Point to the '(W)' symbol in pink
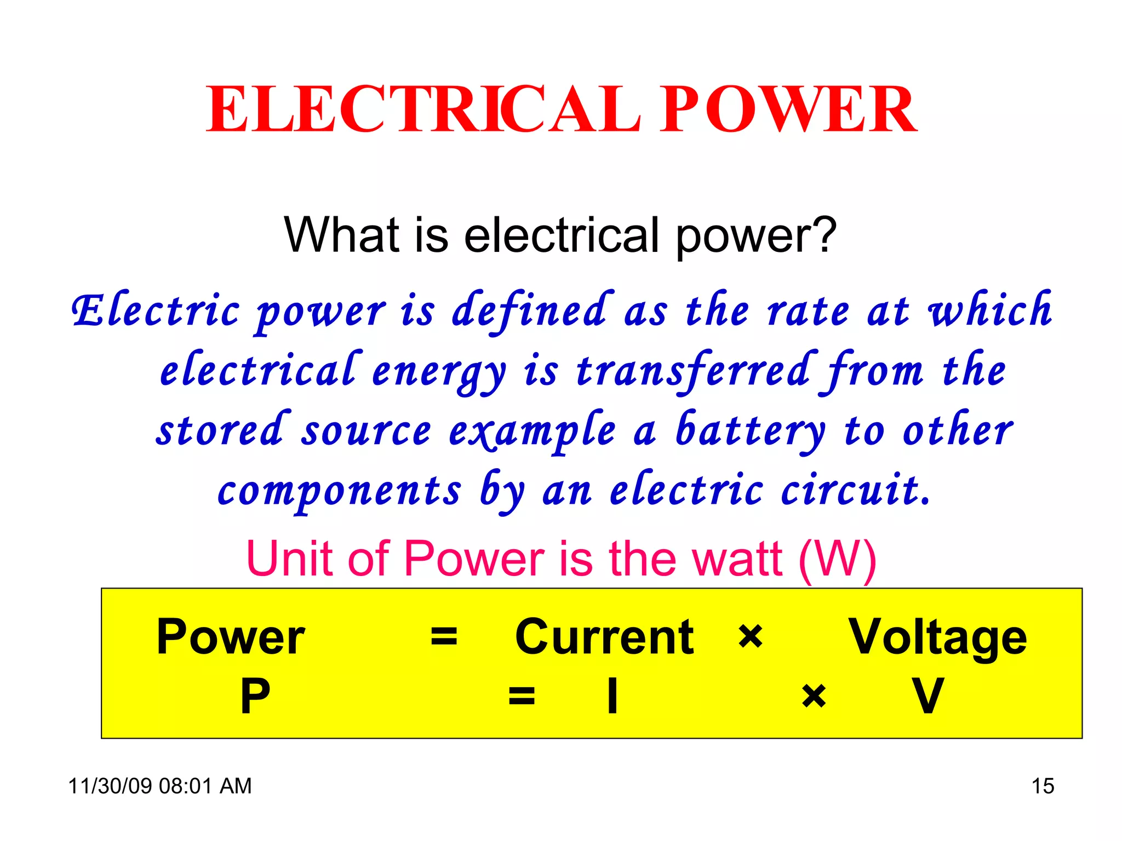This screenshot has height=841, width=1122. pyautogui.click(x=837, y=560)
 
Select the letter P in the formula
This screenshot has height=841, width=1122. pyautogui.click(x=255, y=696)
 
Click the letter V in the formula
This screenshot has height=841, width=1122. pyautogui.click(x=928, y=696)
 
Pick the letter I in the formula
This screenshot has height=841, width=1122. pyautogui.click(x=612, y=696)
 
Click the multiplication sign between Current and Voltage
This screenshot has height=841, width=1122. pyautogui.click(x=750, y=637)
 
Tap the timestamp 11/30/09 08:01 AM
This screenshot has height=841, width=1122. pyautogui.click(x=160, y=786)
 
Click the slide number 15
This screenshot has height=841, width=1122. pyautogui.click(x=1043, y=786)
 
